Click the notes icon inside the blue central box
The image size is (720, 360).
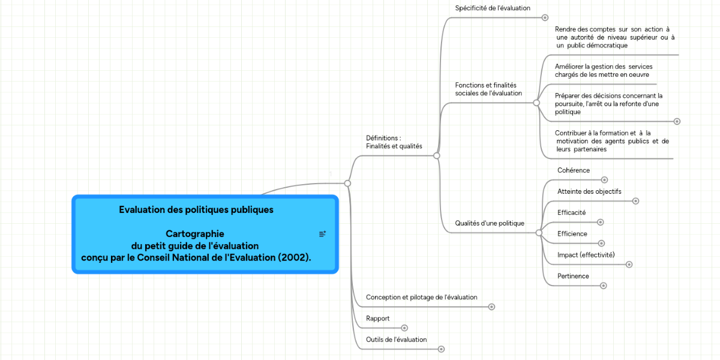[322, 233]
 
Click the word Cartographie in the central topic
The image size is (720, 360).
[195, 233]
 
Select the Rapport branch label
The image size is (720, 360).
[377, 319]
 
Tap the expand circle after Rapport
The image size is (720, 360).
[404, 328]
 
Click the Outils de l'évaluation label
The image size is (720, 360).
[396, 340]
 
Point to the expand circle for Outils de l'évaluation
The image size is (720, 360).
[441, 349]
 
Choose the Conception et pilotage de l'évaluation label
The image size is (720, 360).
[421, 297]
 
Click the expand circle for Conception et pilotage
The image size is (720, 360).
[491, 307]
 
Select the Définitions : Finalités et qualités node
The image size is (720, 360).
[394, 142]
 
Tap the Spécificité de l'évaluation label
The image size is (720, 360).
[493, 8]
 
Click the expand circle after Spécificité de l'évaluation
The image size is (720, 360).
[545, 17]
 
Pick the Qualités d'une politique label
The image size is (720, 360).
[489, 223]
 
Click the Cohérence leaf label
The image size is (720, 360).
[573, 170]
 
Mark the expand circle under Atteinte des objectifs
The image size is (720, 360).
[635, 201]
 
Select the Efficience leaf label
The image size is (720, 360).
[572, 233]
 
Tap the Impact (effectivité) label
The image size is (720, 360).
[586, 255]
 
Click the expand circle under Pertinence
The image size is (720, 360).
[604, 286]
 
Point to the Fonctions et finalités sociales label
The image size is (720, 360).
[488, 89]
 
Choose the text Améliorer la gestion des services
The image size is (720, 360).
[603, 70]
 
